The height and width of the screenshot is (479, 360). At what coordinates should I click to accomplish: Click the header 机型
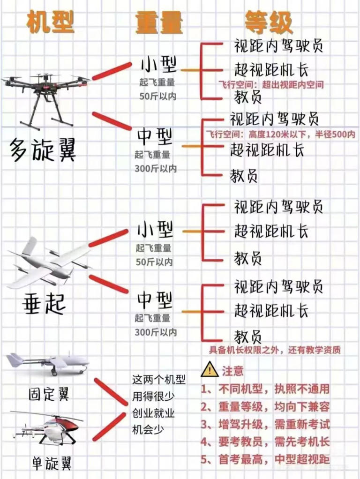50,22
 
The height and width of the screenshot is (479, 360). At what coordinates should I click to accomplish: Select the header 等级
268,22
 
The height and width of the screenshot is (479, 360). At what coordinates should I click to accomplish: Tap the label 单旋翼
52,464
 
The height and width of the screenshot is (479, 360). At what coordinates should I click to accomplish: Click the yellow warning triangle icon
209,370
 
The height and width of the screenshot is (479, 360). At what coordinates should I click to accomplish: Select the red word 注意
232,371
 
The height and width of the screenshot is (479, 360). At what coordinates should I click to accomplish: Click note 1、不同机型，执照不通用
265,389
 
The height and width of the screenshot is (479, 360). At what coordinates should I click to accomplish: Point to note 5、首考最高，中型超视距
265,459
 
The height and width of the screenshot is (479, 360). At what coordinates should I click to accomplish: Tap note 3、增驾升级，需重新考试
265,425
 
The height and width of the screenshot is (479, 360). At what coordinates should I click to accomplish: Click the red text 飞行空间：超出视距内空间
271,85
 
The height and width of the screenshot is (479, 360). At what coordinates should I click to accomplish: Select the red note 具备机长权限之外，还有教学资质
275,350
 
